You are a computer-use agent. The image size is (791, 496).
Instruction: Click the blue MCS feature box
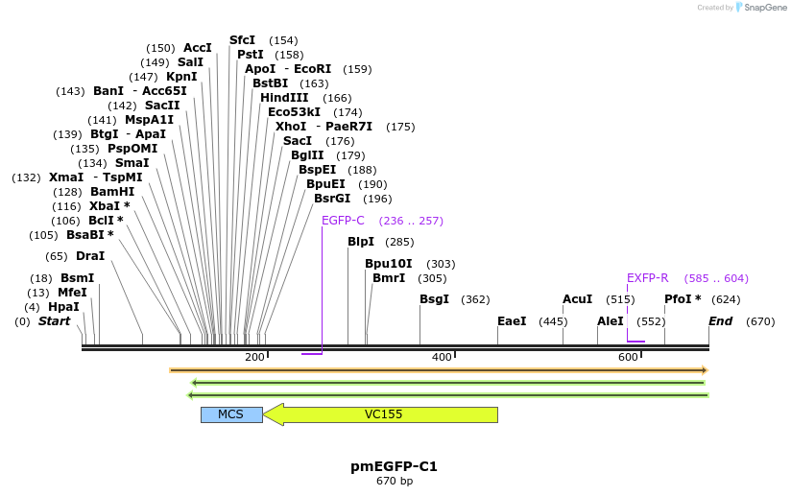230,414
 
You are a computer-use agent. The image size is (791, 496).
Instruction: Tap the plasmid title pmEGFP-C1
394,466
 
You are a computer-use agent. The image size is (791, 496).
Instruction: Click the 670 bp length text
394,481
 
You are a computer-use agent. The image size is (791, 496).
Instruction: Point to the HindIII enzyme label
284,98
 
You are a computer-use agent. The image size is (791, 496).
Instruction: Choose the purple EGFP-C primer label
343,221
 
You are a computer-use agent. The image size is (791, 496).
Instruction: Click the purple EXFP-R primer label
647,278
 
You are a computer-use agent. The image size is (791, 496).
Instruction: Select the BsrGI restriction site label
332,199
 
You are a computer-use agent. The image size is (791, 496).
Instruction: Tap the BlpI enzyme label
361,242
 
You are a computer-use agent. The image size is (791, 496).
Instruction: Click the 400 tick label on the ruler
442,358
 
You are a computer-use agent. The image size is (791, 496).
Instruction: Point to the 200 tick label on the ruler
254,358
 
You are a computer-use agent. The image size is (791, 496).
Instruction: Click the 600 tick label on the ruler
628,358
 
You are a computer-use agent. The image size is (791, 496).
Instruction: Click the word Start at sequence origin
54,321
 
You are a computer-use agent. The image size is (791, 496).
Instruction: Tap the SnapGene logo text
765,8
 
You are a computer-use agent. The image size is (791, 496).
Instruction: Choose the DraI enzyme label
89,256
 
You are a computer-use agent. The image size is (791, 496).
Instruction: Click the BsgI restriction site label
434,299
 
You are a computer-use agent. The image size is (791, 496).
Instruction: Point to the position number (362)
475,299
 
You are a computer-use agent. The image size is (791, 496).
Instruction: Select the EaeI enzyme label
512,321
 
